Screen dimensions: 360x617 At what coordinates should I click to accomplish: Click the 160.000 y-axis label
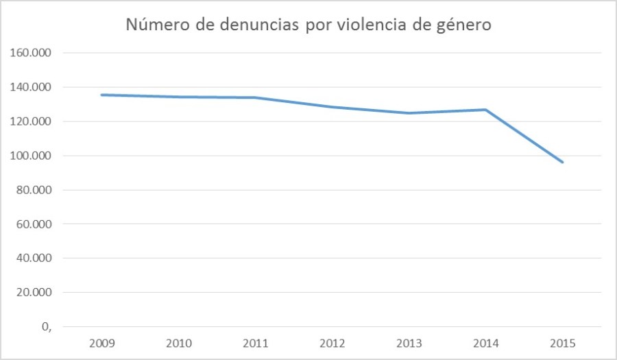pyautogui.click(x=33, y=53)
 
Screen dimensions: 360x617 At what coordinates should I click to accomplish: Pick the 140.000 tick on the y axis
pyautogui.click(x=33, y=87)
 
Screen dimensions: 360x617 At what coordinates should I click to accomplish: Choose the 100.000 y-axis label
pyautogui.click(x=33, y=156)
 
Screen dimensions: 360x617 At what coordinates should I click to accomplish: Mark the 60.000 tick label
pyautogui.click(x=36, y=224)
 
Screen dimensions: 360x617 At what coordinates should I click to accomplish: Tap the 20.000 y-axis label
pyautogui.click(x=36, y=293)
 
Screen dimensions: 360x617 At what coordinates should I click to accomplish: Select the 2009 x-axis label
pyautogui.click(x=101, y=343)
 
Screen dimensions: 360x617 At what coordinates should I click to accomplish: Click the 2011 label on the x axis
pyautogui.click(x=255, y=343)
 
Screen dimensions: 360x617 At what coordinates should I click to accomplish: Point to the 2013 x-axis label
pyautogui.click(x=409, y=343)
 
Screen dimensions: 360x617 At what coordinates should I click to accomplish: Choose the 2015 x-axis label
pyautogui.click(x=563, y=343)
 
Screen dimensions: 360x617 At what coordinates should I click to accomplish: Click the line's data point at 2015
pyautogui.click(x=563, y=162)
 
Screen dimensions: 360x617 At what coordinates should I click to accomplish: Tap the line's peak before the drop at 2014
pyautogui.click(x=486, y=110)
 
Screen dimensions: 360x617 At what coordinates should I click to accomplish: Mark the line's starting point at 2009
pyautogui.click(x=101, y=95)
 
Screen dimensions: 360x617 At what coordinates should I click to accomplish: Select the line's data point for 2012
pyautogui.click(x=332, y=107)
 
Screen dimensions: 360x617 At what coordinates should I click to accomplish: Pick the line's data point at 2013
pyautogui.click(x=409, y=113)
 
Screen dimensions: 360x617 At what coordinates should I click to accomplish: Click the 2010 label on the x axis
pyautogui.click(x=178, y=343)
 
